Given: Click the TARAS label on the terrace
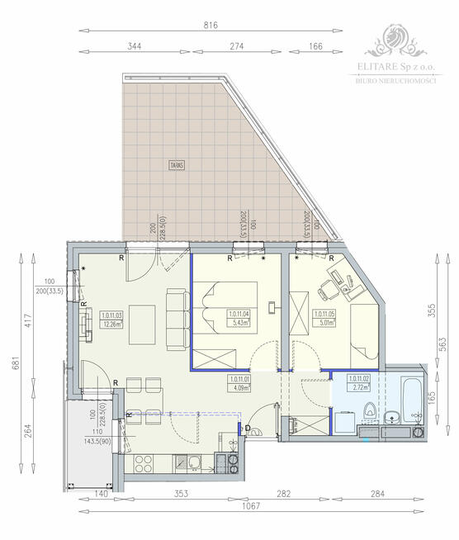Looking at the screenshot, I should point(175,164).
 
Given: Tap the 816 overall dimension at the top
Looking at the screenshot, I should point(211,26).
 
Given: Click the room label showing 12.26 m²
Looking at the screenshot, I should point(111,320).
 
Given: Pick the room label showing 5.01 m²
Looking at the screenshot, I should point(325,320).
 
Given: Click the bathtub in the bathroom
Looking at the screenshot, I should point(410,391).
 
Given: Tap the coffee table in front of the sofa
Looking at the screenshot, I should point(145,317).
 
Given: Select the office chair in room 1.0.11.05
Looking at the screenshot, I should point(323,291).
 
